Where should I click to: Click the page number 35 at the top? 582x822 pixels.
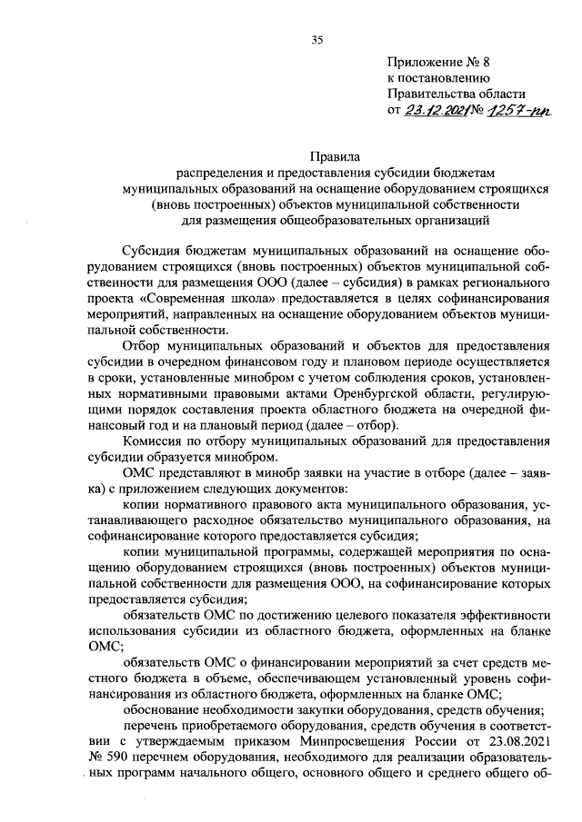pyautogui.click(x=317, y=39)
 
